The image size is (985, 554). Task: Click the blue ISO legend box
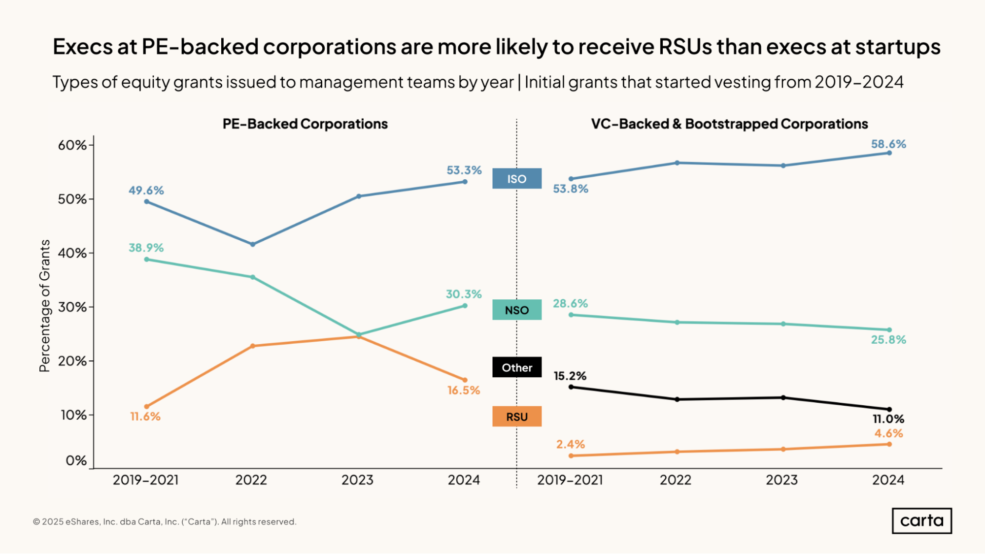[x=516, y=179]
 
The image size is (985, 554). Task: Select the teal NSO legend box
[x=516, y=310]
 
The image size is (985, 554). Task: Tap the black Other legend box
[x=516, y=367]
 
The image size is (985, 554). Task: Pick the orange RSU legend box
[x=516, y=417]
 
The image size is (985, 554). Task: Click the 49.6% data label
[x=146, y=191]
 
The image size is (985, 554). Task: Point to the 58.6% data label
[x=888, y=144]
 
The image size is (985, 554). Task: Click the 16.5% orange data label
[x=463, y=391]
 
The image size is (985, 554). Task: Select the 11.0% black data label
[x=888, y=419]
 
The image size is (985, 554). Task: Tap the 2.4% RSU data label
[x=570, y=444]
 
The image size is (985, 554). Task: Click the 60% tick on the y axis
[x=72, y=145]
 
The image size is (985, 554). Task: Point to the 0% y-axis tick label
[x=76, y=461]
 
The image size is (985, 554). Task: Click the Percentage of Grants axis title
[x=45, y=305]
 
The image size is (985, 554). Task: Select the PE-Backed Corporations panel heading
[x=305, y=124]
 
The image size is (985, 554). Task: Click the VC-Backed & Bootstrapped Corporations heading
[x=729, y=124]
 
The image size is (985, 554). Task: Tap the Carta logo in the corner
[x=921, y=521]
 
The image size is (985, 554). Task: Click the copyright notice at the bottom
[x=165, y=521]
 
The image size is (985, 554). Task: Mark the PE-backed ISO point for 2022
[x=253, y=244]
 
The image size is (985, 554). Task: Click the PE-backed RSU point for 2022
[x=253, y=346]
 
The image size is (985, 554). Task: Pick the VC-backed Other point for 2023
[x=783, y=397]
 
